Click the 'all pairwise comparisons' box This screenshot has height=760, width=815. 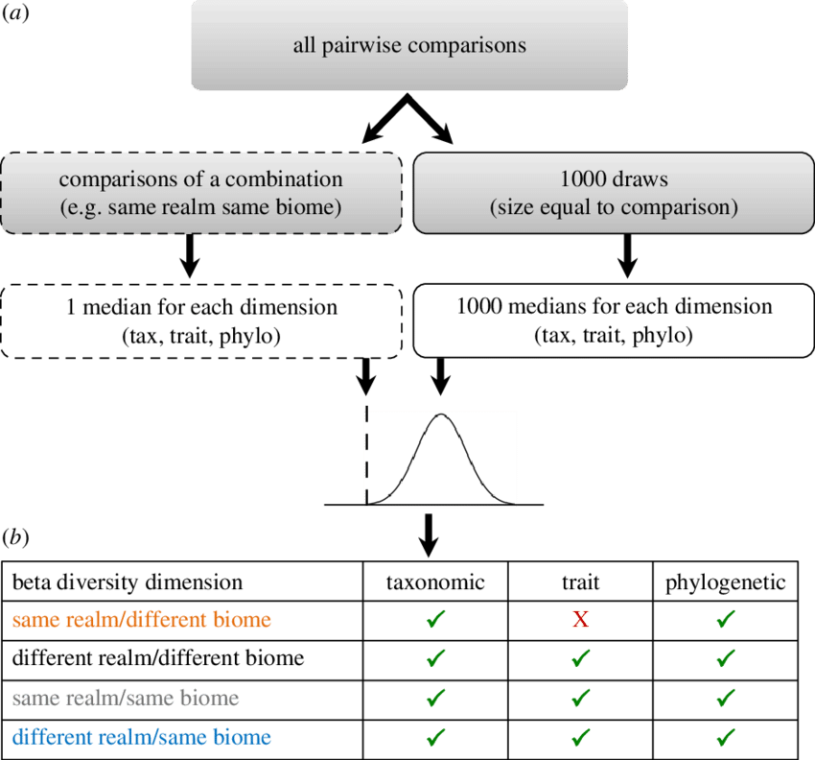click(x=409, y=45)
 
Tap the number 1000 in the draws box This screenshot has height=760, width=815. click(x=581, y=178)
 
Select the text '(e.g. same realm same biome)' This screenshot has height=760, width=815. click(x=200, y=207)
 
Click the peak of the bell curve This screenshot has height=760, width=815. click(x=441, y=416)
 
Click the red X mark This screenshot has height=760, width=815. click(x=579, y=620)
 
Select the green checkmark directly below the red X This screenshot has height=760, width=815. click(x=579, y=658)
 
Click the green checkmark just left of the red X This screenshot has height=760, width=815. click(x=435, y=620)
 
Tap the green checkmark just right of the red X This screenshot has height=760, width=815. click(x=726, y=620)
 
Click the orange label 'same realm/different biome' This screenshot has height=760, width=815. click(x=142, y=620)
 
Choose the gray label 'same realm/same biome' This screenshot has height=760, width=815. click(x=126, y=698)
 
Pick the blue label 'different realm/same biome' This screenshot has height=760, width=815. click(x=142, y=737)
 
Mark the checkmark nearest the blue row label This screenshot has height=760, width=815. click(x=435, y=737)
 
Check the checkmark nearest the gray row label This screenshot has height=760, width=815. click(x=435, y=698)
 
